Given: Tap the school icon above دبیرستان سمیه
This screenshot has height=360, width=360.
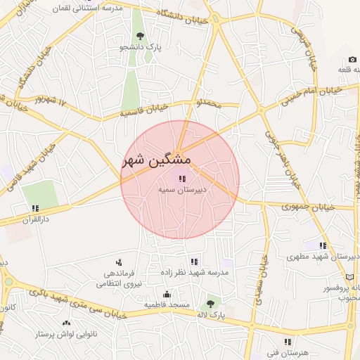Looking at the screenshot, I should point(183,179).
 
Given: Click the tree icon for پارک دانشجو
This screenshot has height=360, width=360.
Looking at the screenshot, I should point(141,36).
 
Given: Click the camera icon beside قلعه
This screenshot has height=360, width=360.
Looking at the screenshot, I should point(352,60).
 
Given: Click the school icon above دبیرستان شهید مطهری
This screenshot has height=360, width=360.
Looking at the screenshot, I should point(323,245).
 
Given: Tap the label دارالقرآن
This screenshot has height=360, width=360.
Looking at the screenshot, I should point(34,219).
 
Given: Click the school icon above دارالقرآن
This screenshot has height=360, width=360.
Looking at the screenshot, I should point(34,207).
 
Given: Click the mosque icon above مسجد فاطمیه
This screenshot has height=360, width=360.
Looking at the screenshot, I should point(167,294).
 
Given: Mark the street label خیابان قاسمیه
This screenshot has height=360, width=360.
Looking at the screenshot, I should point(143,109).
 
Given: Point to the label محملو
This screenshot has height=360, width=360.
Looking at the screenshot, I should point(209,104).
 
